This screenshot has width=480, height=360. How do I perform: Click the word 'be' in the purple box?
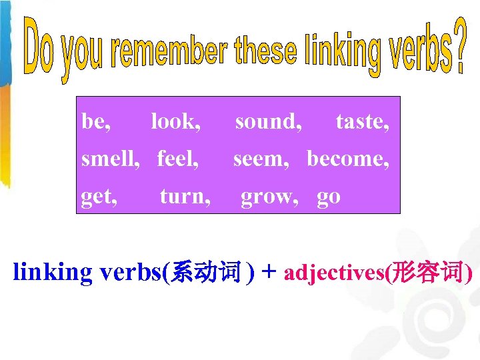[x=94, y=122]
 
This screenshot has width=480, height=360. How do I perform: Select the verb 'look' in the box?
[x=175, y=122]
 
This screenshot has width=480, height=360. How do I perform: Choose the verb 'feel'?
[x=177, y=159]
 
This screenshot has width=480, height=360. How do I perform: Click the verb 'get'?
[x=97, y=197]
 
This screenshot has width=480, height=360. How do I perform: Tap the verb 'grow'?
[x=269, y=197]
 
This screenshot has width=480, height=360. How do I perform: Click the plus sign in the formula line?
[x=269, y=273]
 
